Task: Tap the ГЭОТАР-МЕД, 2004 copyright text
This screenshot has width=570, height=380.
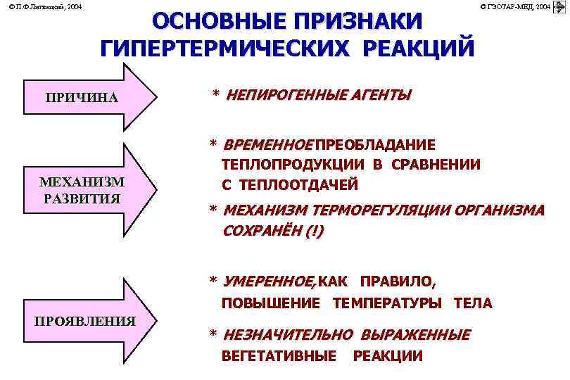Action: point(515,6)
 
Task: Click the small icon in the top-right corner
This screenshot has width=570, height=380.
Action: point(560,6)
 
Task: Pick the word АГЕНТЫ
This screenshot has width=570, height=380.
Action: point(380,95)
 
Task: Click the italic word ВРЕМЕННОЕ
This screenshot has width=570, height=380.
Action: point(267,145)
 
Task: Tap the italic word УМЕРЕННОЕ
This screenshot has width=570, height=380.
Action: point(269,282)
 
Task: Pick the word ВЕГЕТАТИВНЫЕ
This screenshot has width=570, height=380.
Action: point(279,355)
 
